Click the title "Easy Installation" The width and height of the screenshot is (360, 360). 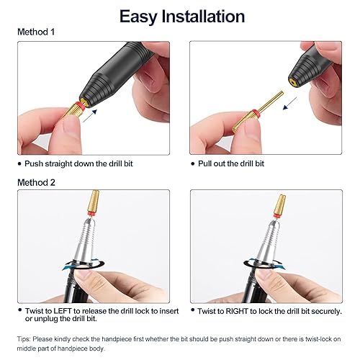tap(181, 16)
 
